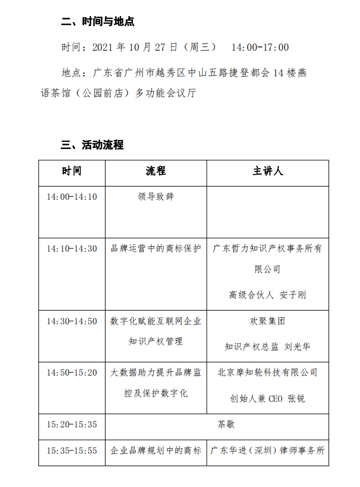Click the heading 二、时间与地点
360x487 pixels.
98,22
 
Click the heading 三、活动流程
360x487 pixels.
92,145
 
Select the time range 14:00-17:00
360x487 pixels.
260,47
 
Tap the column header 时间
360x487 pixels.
72,171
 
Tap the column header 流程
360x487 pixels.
156,171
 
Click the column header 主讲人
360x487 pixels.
268,171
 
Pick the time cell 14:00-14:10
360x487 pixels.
72,197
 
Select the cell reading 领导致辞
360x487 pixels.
156,197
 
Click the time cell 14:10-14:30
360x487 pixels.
72,249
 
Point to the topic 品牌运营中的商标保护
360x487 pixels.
156,249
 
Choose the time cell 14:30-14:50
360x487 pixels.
72,321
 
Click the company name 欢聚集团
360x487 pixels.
268,321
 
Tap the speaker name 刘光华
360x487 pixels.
297,346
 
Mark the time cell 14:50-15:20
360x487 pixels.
72,373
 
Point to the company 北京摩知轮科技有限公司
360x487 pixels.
268,373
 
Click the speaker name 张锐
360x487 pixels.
296,398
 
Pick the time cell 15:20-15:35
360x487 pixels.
72,425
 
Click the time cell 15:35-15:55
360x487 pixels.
72,451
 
